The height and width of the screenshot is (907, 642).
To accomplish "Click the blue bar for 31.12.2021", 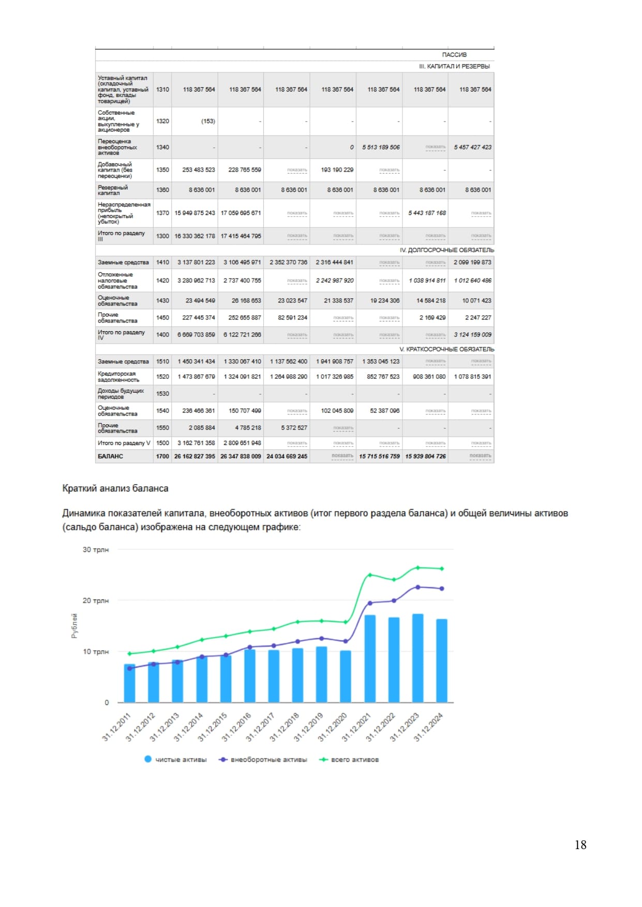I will [370, 658].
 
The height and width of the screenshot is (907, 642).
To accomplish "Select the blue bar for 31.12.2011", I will [129, 683].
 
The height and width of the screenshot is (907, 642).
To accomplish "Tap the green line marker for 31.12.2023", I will [418, 567].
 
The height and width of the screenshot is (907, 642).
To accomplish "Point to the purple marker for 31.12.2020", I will [346, 641].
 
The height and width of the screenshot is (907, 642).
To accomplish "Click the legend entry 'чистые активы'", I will [176, 759].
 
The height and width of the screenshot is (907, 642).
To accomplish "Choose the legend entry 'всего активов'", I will [350, 759].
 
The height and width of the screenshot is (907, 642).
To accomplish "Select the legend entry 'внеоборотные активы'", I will [263, 759].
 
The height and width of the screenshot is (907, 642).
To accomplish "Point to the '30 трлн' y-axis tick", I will [96, 549].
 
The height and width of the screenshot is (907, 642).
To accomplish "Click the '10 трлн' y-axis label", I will [96, 652].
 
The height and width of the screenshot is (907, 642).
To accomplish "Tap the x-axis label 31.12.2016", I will [236, 727].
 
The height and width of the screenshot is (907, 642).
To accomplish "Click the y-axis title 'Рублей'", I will [74, 625].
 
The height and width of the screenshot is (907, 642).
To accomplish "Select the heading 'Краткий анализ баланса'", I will [115, 488].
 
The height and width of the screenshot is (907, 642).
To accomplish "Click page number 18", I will [580, 844].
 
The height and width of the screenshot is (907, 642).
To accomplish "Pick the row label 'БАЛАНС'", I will [110, 456].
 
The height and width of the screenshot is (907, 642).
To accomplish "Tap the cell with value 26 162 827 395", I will [195, 456].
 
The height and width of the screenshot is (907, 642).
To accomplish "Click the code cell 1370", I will [162, 213].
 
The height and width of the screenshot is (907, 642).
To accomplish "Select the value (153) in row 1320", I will [208, 121].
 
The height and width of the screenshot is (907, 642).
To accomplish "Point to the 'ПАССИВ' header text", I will [454, 55].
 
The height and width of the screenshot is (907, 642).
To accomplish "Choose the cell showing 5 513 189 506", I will [381, 147].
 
